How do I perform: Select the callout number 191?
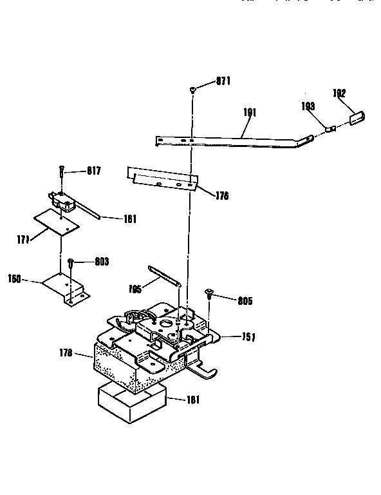(x=250, y=112)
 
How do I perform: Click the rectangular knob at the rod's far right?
(x=357, y=117)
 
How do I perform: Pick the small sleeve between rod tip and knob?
(x=330, y=128)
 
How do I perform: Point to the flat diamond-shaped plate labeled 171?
(x=57, y=221)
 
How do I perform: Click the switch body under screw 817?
(x=65, y=202)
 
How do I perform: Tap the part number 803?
(x=101, y=262)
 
